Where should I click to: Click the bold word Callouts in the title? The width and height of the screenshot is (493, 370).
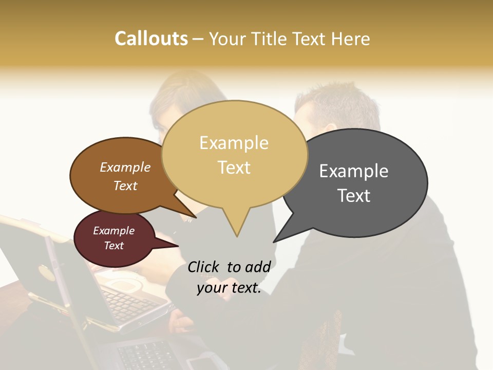[151, 39]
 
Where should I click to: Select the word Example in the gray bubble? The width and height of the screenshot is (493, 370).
[354, 171]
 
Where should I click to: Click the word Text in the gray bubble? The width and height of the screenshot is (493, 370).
[354, 196]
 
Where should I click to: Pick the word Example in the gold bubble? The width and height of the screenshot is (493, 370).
[234, 143]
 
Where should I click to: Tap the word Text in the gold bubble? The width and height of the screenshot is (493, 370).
[234, 168]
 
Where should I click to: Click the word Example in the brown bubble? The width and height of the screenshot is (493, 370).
[125, 167]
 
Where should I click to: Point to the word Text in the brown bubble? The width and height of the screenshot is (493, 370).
[125, 186]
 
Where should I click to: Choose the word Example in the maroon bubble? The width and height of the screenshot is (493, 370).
[114, 231]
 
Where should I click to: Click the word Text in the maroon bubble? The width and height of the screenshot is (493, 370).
[114, 246]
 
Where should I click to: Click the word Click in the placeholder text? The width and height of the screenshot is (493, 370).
[205, 267]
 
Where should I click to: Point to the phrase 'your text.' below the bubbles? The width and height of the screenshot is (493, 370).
[229, 288]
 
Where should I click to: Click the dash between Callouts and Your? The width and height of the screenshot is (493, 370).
[198, 39]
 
